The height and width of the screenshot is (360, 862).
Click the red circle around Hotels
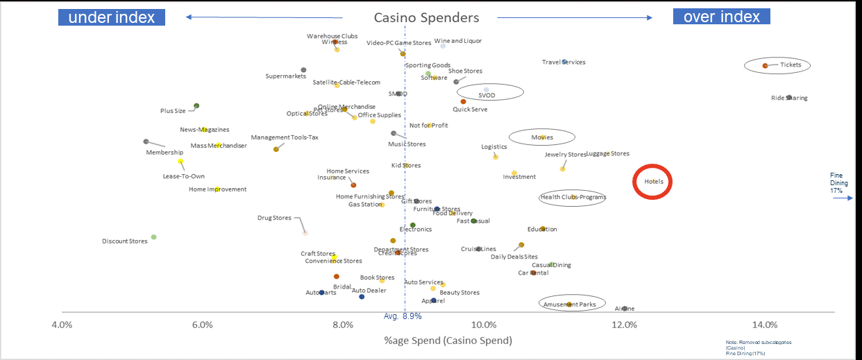(653, 182)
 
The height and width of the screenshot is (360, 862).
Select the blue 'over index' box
(721, 17)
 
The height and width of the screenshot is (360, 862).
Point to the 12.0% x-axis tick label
(624, 325)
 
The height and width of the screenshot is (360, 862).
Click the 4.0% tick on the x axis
(62, 325)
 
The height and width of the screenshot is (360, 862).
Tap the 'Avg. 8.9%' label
(403, 316)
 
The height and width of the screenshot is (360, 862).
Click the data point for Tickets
(765, 65)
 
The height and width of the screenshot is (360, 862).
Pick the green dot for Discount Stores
(153, 237)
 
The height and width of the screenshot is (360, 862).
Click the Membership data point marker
(146, 142)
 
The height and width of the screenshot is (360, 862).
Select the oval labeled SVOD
(491, 92)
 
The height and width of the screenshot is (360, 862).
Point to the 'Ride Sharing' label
(789, 98)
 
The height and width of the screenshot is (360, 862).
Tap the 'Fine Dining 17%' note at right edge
(836, 183)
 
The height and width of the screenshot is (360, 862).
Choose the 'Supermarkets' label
(286, 76)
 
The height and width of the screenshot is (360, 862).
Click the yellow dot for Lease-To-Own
(180, 162)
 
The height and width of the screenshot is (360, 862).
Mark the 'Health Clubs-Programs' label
(573, 197)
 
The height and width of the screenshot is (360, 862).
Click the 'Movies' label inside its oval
(542, 137)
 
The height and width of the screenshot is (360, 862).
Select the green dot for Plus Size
(196, 106)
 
